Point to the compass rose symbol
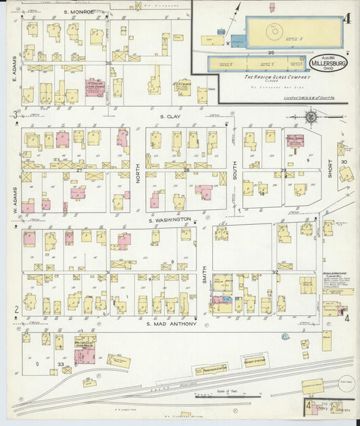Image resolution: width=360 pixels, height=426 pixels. point(311,117)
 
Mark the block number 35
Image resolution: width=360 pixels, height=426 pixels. point(271,52)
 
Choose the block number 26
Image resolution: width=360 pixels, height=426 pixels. point(108,63)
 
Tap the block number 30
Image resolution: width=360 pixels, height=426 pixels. point(344,162)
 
